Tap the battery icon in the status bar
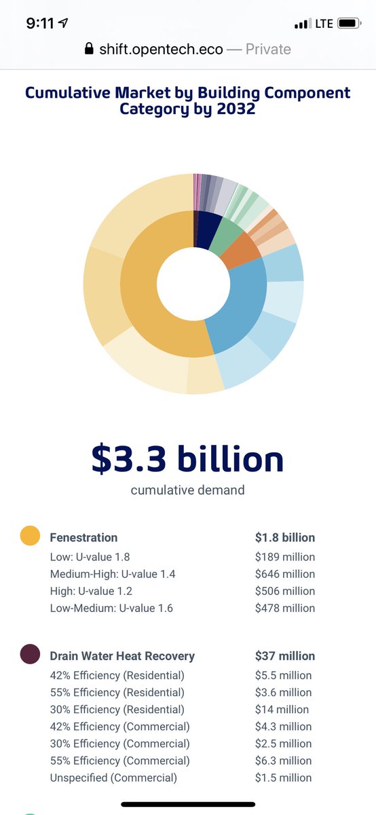tap(347, 24)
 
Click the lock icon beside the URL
tap(88, 49)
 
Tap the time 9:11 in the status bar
tap(40, 24)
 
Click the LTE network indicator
tap(324, 24)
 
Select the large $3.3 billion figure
tap(187, 459)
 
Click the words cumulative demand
tap(187, 490)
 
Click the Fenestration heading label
tap(83, 537)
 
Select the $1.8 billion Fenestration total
tap(285, 537)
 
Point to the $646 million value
tap(285, 574)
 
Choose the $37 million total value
tap(285, 656)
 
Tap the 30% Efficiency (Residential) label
tap(117, 710)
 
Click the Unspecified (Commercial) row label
tap(113, 778)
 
